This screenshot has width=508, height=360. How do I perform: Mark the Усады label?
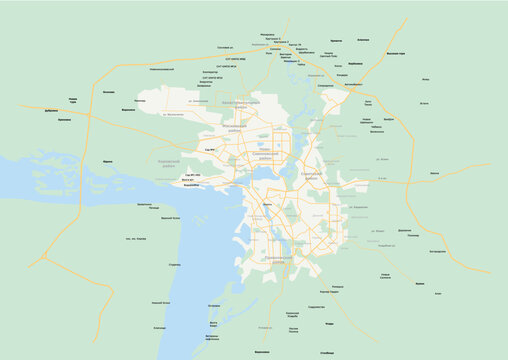tap(330, 324)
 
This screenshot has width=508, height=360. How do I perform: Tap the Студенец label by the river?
tap(174, 264)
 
